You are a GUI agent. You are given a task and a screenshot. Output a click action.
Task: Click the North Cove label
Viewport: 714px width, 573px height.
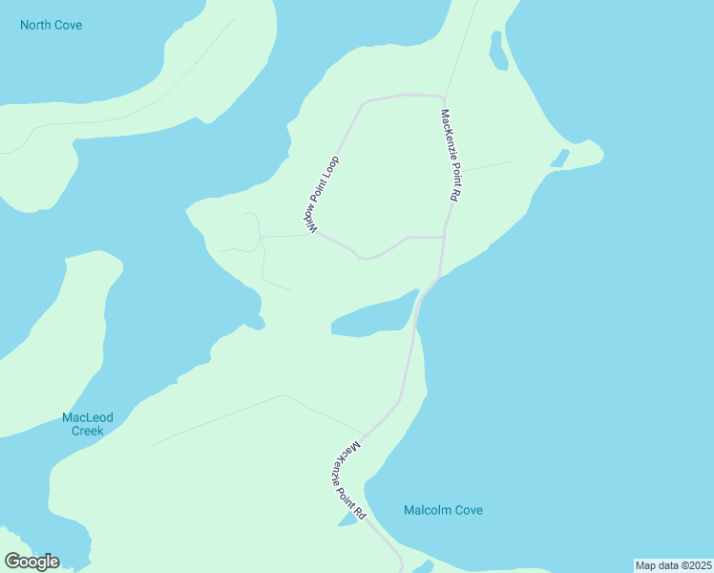coord(51,25)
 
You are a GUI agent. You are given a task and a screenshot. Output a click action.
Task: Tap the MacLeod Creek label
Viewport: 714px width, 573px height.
coord(88,424)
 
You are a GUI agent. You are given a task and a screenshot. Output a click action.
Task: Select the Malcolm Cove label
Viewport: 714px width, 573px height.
coord(443,510)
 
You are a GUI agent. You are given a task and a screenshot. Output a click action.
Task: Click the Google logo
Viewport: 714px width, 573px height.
coord(31,562)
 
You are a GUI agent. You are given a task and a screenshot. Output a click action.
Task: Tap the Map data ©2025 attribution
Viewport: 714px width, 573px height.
coord(674,565)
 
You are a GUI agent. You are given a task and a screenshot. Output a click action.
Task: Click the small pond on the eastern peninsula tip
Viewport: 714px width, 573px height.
coord(559,159)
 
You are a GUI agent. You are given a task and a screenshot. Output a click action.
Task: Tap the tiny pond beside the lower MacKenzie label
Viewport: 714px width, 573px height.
coord(346,520)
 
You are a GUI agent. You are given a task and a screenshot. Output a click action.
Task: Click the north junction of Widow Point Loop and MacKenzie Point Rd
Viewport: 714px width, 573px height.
coord(444,97)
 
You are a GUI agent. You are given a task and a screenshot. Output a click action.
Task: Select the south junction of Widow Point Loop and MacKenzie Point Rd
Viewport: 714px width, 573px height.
coord(444,237)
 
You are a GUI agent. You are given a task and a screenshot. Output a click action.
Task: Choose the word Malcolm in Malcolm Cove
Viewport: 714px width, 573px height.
coord(426,510)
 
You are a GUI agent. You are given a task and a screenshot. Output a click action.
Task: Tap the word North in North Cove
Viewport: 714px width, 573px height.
coord(36,25)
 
